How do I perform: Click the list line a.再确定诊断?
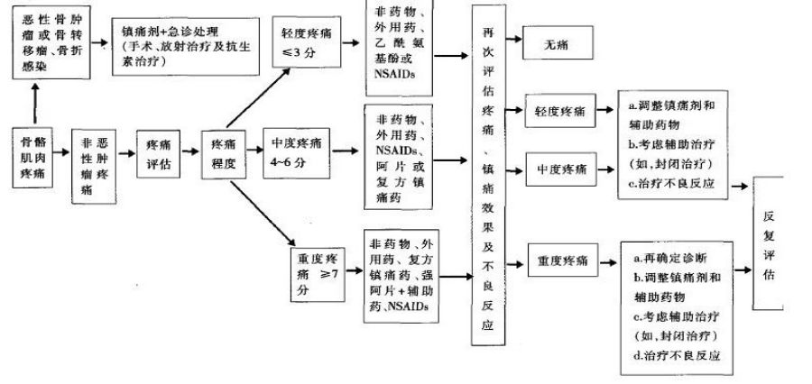pyautogui.click(x=669, y=260)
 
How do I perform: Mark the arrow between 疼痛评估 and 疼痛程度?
pyautogui.click(x=193, y=154)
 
